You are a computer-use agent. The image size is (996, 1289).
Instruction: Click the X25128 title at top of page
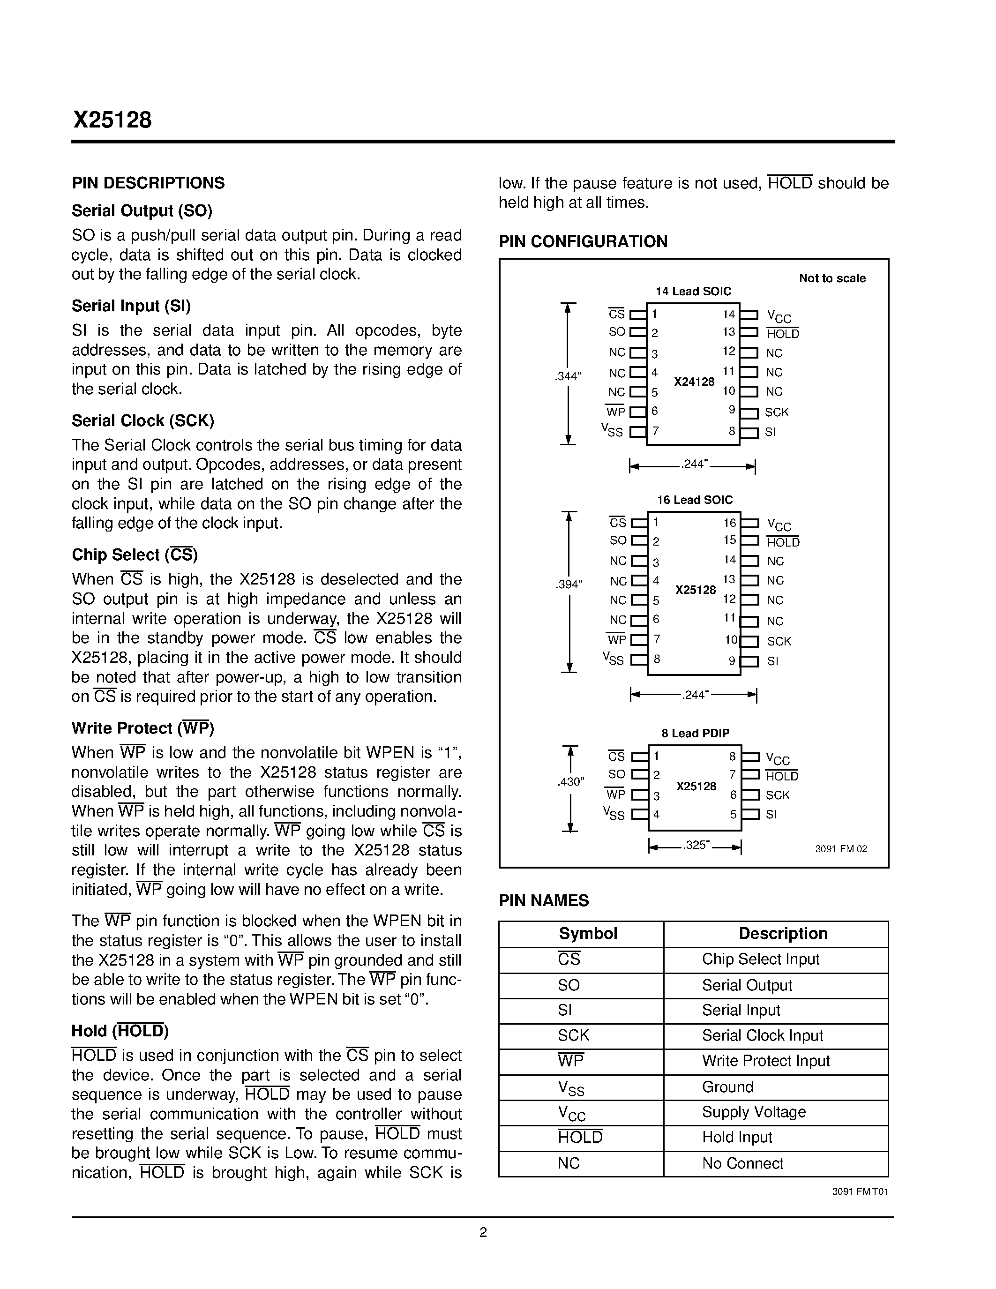click(112, 120)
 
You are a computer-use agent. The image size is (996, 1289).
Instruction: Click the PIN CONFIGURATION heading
click(583, 241)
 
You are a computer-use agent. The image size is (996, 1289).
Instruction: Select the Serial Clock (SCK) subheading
click(143, 421)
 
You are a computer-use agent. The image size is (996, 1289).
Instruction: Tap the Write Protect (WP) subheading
click(143, 728)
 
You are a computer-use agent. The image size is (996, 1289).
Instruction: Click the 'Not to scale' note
click(832, 278)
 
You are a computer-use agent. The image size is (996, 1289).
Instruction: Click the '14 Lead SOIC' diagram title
click(693, 292)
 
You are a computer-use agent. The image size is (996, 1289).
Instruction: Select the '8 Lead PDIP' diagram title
click(695, 733)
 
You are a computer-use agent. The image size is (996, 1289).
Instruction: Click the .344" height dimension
click(568, 376)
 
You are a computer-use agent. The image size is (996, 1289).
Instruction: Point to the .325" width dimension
click(696, 845)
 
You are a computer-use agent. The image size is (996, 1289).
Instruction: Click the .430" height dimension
click(570, 782)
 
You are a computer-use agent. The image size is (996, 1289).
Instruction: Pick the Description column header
click(783, 934)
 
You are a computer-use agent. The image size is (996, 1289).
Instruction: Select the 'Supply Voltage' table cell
click(754, 1112)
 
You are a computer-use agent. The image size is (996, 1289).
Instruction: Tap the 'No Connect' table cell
click(742, 1163)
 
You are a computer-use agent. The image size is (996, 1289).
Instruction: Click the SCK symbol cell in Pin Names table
click(574, 1035)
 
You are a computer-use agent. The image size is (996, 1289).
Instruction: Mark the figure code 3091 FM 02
click(841, 849)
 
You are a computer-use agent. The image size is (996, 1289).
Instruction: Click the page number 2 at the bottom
click(483, 1232)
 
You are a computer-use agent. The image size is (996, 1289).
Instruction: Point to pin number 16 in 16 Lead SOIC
click(730, 523)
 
